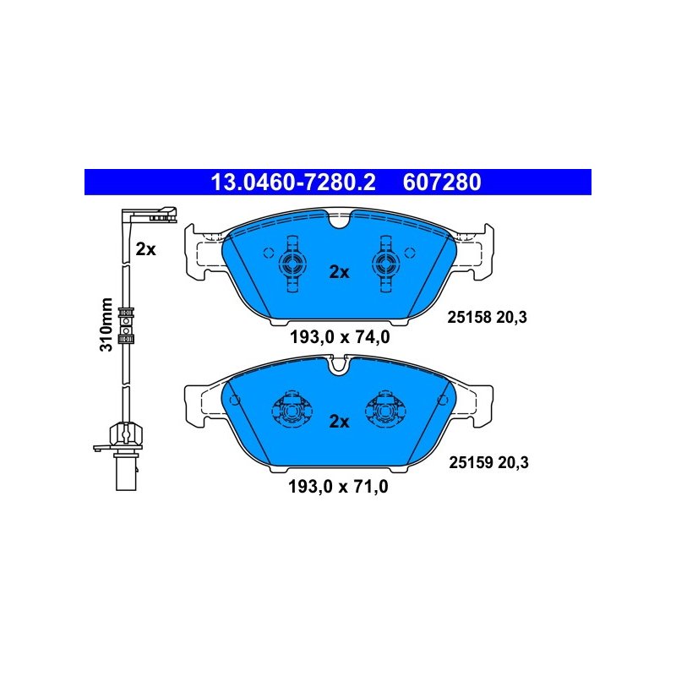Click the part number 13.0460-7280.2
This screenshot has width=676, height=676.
click(x=292, y=182)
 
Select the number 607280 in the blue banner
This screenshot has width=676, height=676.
click(x=442, y=182)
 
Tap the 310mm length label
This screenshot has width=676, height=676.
click(x=106, y=324)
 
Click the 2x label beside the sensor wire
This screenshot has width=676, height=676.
click(x=145, y=249)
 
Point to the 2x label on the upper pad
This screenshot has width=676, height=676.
click(x=340, y=272)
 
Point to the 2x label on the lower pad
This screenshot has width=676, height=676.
click(x=340, y=421)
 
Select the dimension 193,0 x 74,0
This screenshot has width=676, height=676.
click(x=340, y=337)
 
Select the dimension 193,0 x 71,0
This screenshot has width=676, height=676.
click(x=339, y=487)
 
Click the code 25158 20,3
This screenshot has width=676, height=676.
click(x=488, y=318)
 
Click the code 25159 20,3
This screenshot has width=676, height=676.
click(x=489, y=462)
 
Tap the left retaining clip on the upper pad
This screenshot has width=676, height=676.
click(x=292, y=264)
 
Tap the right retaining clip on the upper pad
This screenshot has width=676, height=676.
click(x=386, y=264)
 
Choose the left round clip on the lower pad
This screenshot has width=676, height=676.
click(x=292, y=409)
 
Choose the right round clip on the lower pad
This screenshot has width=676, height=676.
click(x=386, y=409)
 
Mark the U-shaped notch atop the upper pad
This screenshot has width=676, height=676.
click(x=340, y=219)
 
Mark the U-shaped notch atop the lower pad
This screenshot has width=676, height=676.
click(x=339, y=365)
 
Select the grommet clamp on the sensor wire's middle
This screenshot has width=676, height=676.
click(x=126, y=325)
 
